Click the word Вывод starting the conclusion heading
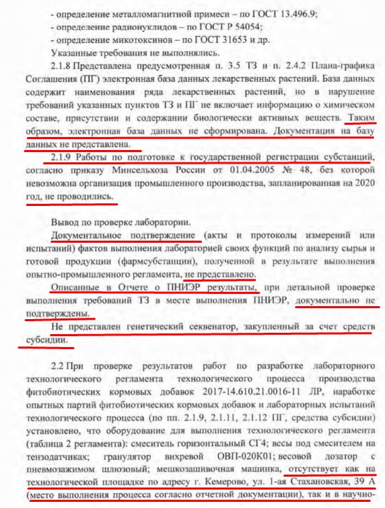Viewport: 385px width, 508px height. click(67, 223)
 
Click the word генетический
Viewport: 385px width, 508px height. click(139, 327)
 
